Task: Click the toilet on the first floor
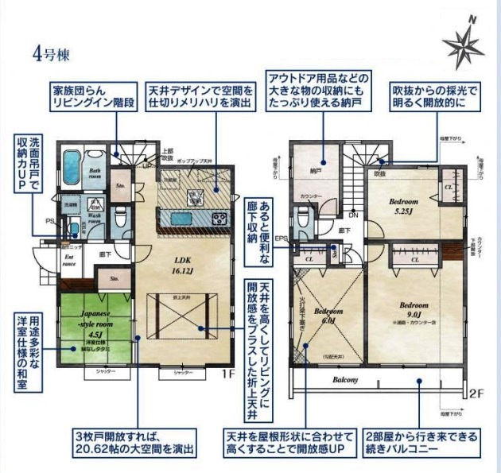(x=119, y=215)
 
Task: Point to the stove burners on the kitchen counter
(x=217, y=219)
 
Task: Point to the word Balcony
(x=346, y=380)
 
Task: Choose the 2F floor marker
(x=476, y=394)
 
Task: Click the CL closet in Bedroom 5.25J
(x=449, y=188)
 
